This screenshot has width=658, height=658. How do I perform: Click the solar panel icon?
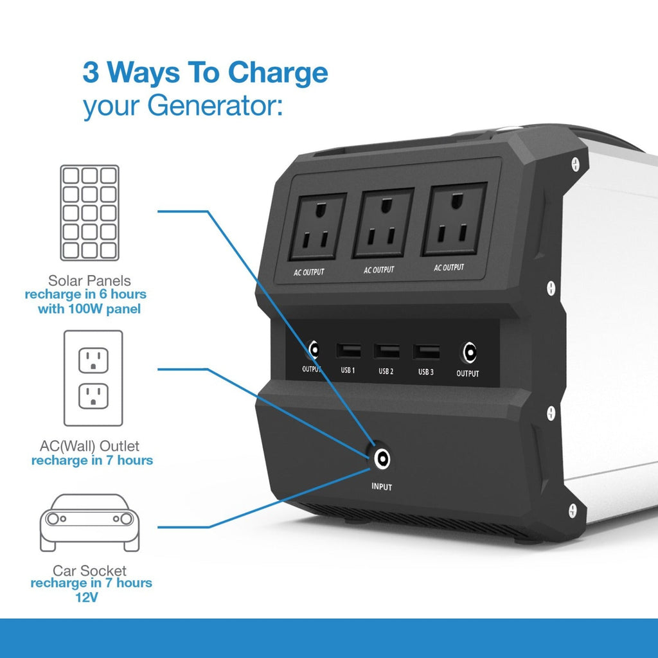[89, 213]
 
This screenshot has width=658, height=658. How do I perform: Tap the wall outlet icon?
[93, 378]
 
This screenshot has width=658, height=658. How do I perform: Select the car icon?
[89, 522]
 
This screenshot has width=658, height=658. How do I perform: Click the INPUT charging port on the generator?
[382, 458]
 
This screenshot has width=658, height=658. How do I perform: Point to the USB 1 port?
[348, 350]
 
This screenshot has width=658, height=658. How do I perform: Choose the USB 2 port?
[386, 351]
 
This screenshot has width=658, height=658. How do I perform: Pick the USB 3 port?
[427, 351]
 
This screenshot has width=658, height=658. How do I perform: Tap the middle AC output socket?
[383, 222]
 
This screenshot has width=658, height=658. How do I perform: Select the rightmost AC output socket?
[454, 219]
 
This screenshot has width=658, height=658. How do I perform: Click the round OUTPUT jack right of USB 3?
[469, 353]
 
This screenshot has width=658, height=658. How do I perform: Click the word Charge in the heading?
[278, 73]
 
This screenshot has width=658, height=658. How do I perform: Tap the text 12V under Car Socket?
[87, 597]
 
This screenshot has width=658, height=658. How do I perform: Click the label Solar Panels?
[89, 280]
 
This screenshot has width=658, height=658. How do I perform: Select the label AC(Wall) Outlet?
[89, 446]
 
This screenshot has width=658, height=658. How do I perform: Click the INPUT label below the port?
[382, 487]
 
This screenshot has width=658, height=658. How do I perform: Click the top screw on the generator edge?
[575, 164]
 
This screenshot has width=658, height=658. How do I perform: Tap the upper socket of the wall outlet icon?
[93, 360]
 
